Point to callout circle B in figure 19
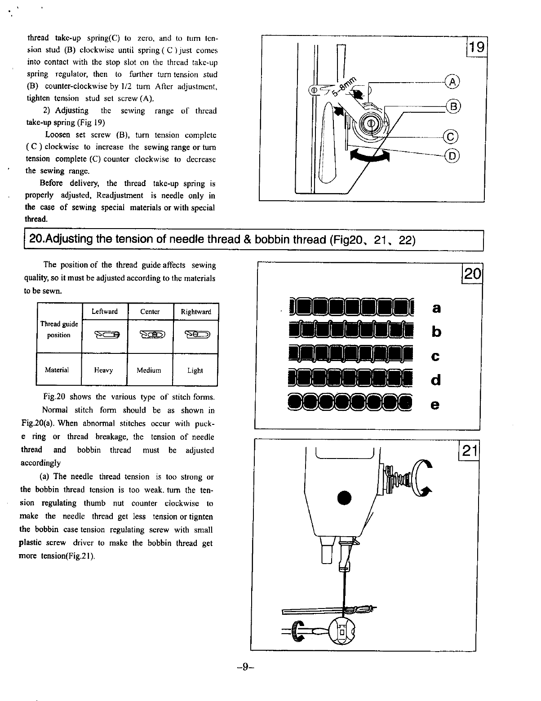454,106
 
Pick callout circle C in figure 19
451,136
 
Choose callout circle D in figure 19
452,156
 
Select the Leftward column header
104,312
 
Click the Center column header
150,312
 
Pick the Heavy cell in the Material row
104,370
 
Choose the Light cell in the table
195,370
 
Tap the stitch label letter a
436,308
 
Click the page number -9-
245,667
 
